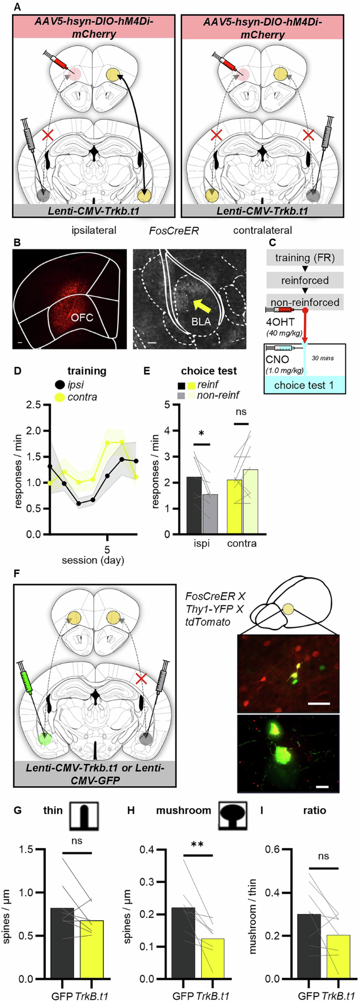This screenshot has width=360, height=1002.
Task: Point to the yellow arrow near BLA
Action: click(x=192, y=305)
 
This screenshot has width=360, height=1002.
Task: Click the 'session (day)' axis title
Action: click(x=92, y=560)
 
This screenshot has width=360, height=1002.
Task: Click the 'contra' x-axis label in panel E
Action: click(x=242, y=544)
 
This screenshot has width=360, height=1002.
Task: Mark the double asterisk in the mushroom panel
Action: click(x=198, y=845)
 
